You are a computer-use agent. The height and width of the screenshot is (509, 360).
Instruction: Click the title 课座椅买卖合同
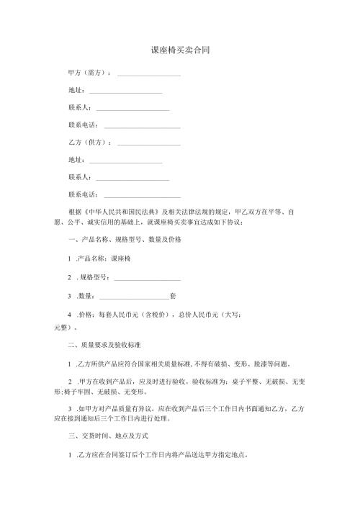coord(180,51)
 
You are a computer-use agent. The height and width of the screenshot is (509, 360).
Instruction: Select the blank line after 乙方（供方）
coord(148,144)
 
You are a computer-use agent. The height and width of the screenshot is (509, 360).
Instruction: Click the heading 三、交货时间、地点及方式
coord(107,436)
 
